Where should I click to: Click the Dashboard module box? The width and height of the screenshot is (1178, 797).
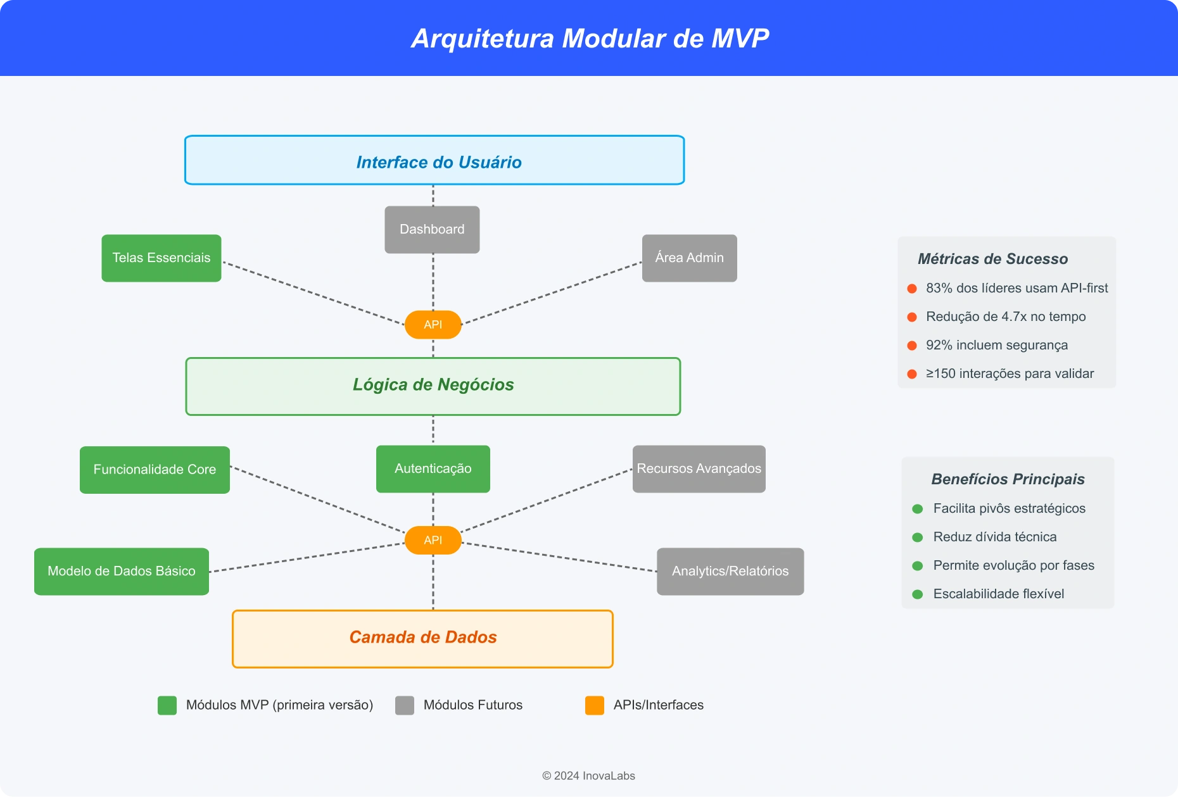click(x=432, y=229)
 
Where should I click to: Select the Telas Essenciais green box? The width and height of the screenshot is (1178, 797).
click(x=161, y=258)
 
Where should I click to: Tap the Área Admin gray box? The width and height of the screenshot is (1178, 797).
click(x=689, y=258)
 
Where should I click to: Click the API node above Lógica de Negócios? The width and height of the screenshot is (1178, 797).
click(x=433, y=325)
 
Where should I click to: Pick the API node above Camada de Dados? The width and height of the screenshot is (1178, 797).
click(x=433, y=540)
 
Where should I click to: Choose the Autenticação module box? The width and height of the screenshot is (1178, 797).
click(x=433, y=468)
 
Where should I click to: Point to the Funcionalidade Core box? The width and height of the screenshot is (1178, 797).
click(x=155, y=469)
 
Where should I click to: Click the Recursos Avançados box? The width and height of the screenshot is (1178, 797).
click(x=699, y=468)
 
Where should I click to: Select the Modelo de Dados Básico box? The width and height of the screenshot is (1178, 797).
click(x=122, y=571)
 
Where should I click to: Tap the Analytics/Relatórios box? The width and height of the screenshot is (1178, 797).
click(x=730, y=571)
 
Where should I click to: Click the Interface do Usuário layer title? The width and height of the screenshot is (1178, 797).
click(x=438, y=162)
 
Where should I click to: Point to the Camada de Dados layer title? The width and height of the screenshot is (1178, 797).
click(x=422, y=637)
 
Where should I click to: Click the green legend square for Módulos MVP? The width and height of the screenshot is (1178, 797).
click(x=167, y=705)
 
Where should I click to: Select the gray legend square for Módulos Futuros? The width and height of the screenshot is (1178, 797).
click(x=405, y=705)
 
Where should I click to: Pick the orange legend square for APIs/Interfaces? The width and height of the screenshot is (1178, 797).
click(x=595, y=705)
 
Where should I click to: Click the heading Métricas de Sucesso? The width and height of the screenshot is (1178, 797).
click(x=992, y=259)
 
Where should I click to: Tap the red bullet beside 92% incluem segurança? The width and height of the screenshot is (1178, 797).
click(x=912, y=346)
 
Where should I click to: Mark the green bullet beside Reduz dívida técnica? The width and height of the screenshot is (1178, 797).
click(x=917, y=537)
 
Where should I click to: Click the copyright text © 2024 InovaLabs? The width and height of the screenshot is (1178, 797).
click(x=588, y=775)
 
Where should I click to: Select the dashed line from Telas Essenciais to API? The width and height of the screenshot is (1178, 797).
click(x=313, y=293)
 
